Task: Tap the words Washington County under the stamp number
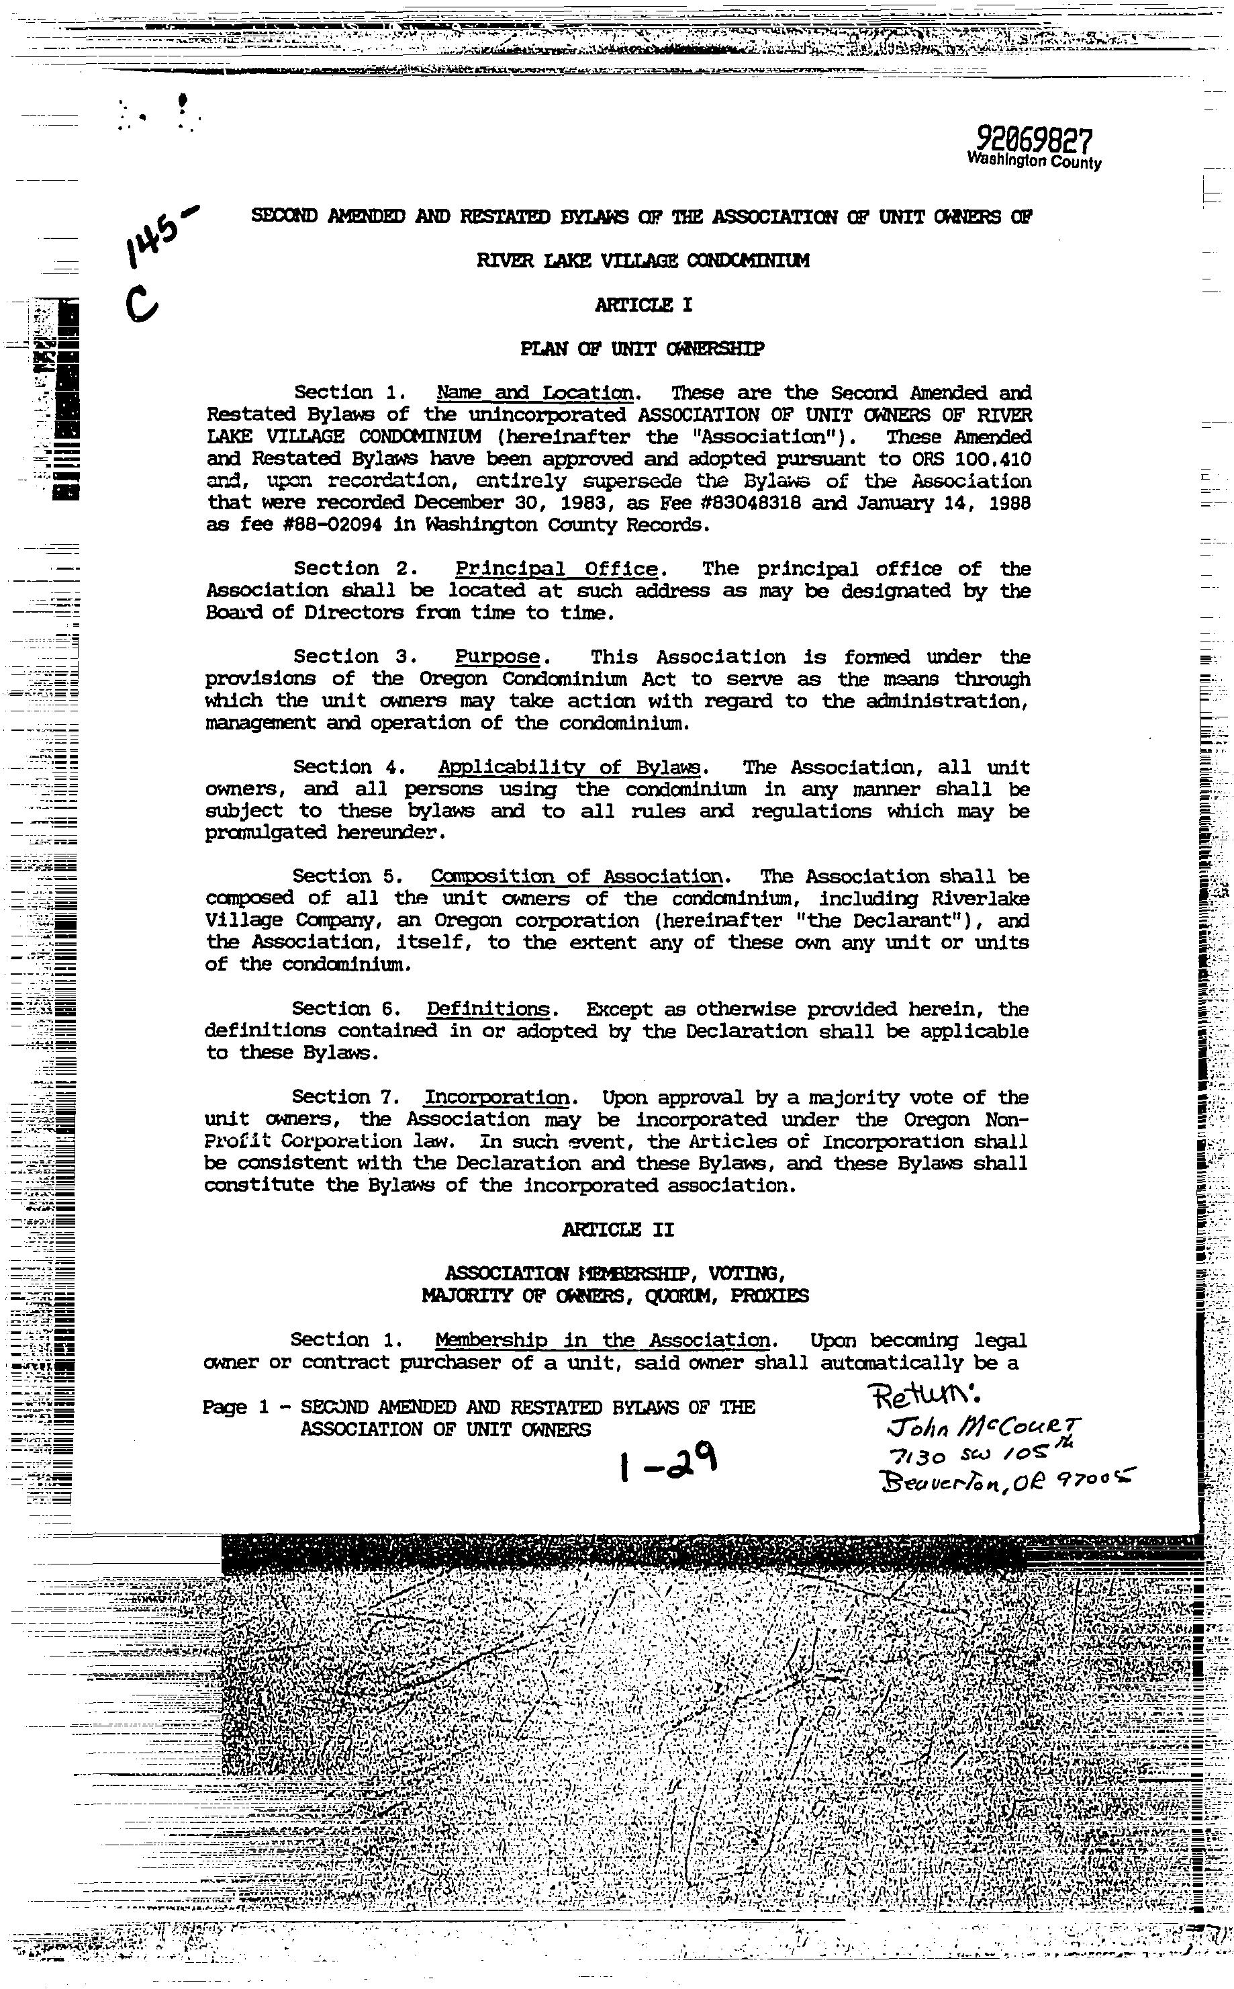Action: tap(1034, 161)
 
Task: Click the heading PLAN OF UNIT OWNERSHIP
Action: tap(643, 349)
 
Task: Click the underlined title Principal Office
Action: tap(556, 569)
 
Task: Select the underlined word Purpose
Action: tap(497, 657)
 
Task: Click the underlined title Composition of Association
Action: tap(576, 877)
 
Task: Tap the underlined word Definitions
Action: tap(487, 1009)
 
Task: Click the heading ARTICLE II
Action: tap(618, 1230)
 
